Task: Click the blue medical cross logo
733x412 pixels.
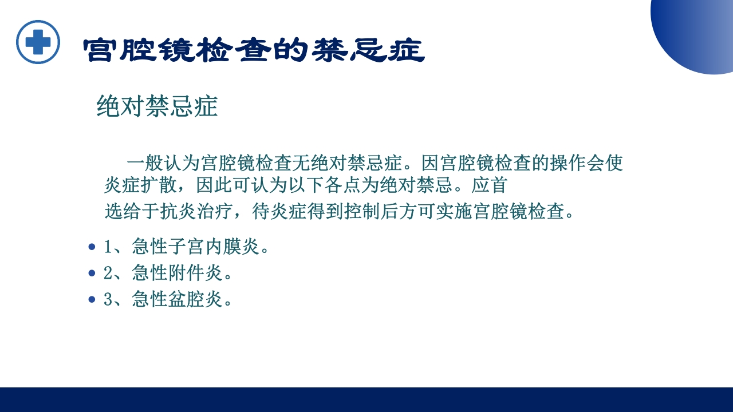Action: (x=38, y=42)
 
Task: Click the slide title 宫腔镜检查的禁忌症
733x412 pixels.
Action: (x=254, y=51)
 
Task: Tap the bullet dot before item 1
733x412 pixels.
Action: (x=92, y=247)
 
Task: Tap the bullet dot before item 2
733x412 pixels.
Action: (x=92, y=274)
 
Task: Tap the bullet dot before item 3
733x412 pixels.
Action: (x=92, y=299)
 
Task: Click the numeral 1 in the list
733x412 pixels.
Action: (x=108, y=247)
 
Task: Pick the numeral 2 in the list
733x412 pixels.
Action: (x=108, y=274)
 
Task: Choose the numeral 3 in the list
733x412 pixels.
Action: (x=108, y=299)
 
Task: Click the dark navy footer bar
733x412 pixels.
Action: (x=366, y=399)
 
